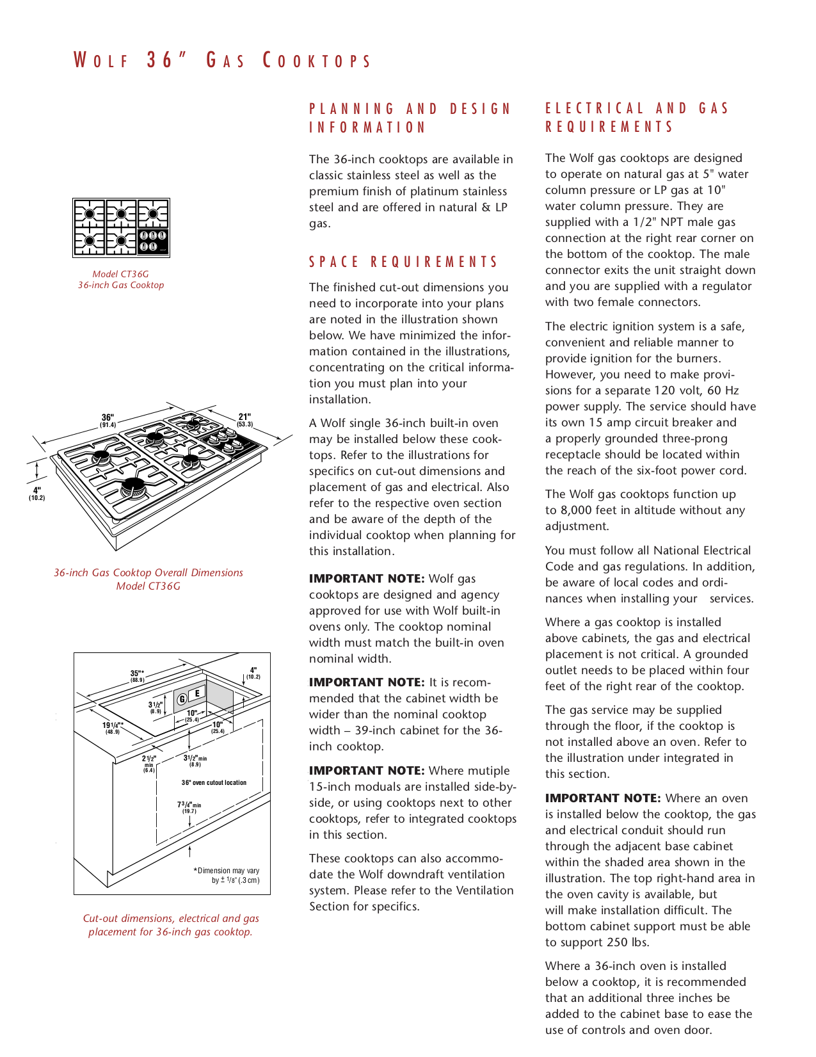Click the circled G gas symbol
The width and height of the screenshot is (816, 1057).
(x=182, y=698)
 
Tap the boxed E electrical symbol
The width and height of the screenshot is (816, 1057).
(x=197, y=693)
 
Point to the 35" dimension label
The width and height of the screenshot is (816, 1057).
(x=137, y=675)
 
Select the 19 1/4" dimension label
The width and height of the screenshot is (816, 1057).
(x=113, y=728)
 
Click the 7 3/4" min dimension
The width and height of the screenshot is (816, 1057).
(x=189, y=807)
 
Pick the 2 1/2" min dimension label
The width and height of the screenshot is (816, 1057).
(x=148, y=763)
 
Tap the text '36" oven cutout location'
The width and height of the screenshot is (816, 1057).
(x=214, y=782)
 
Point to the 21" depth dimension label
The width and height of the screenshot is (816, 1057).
(x=244, y=420)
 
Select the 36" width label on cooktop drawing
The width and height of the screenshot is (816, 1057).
(x=108, y=421)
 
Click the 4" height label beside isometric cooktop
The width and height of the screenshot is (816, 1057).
(x=36, y=494)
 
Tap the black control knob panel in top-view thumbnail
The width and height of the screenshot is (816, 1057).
(x=153, y=241)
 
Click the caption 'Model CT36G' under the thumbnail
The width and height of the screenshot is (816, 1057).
(x=120, y=274)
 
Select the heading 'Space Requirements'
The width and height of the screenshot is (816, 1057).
(x=403, y=262)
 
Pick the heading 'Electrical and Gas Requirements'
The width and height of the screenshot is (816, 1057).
(x=636, y=117)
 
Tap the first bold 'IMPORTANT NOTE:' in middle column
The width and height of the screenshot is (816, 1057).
(x=366, y=579)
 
